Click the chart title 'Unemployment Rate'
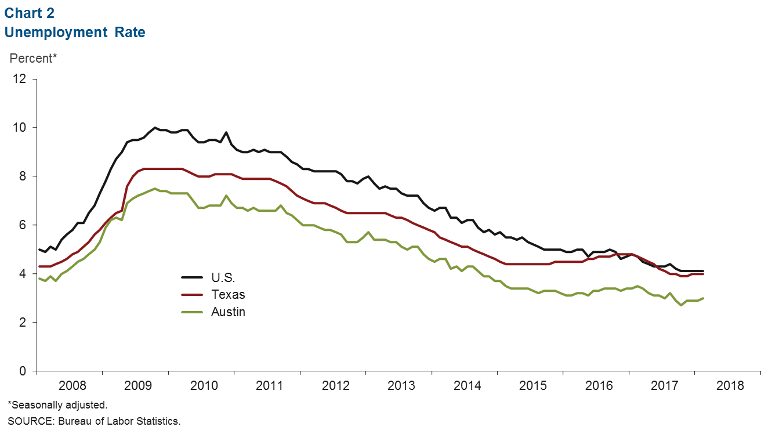coord(75,32)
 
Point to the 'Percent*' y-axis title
coord(33,59)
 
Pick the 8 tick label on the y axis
coord(23,176)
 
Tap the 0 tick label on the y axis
coord(23,371)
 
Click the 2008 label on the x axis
coord(73,386)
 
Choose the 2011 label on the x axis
coord(269,386)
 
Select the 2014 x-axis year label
coord(468,386)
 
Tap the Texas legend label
coord(228,295)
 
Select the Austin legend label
coord(228,312)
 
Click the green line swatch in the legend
coord(192,312)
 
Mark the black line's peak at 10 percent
coord(154,128)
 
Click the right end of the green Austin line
coord(703,298)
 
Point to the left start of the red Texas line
coord(39,266)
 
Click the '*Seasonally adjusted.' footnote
coord(58,405)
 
